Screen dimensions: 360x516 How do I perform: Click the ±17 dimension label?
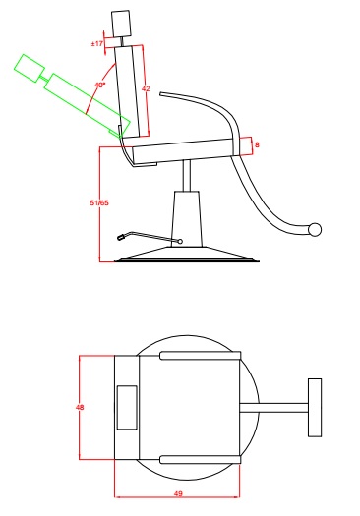click(97, 43)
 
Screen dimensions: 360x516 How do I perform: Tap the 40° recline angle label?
click(100, 85)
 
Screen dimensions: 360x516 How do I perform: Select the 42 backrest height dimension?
click(146, 88)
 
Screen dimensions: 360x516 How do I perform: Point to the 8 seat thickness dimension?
click(257, 144)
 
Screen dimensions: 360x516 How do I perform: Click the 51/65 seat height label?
click(99, 202)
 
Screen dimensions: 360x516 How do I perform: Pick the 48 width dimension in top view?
click(80, 407)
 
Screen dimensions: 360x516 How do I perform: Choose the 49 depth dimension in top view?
click(178, 494)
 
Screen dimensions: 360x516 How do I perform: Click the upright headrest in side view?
click(121, 23)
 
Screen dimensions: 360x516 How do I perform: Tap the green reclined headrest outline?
click(30, 68)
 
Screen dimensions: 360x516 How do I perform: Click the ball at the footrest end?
click(315, 229)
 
